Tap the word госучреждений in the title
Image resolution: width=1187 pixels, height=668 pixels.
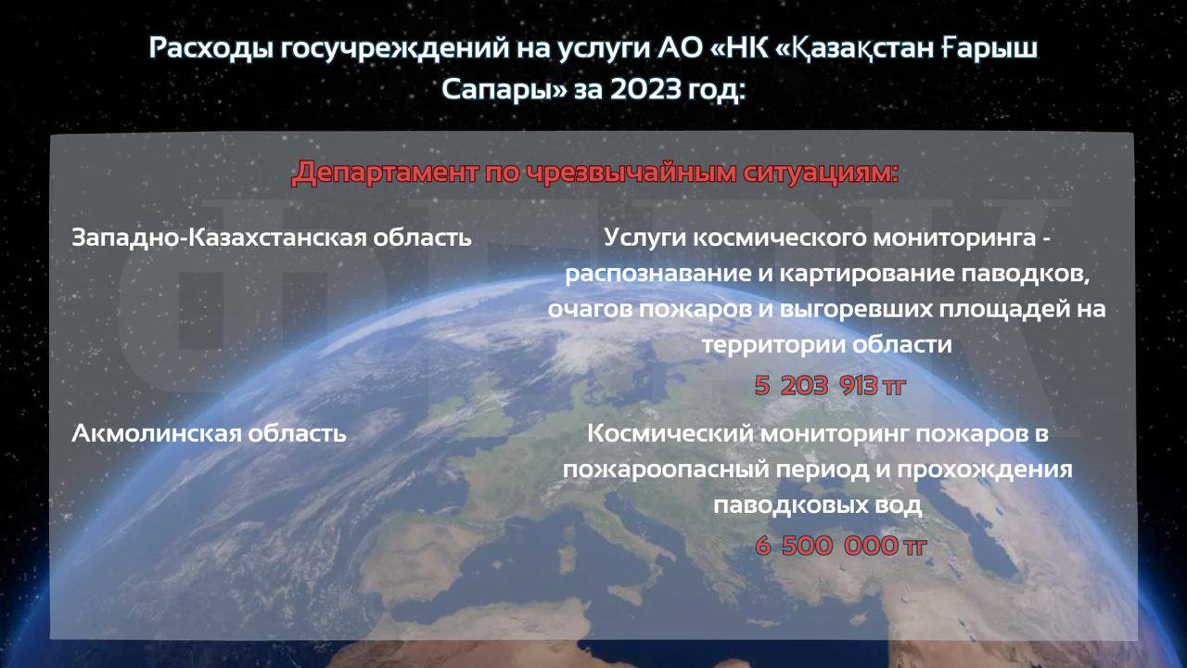[x=395, y=49]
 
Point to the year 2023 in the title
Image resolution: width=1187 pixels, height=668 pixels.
[x=645, y=89]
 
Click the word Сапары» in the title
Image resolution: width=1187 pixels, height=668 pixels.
[x=504, y=90]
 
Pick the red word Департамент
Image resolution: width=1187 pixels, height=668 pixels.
[x=384, y=173]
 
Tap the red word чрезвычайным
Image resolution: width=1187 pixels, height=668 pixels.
[x=629, y=173]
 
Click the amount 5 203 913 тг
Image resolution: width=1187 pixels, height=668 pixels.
[x=830, y=385]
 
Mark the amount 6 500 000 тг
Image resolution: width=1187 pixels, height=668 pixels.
[x=841, y=546]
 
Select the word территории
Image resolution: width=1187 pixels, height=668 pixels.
[x=772, y=344]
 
